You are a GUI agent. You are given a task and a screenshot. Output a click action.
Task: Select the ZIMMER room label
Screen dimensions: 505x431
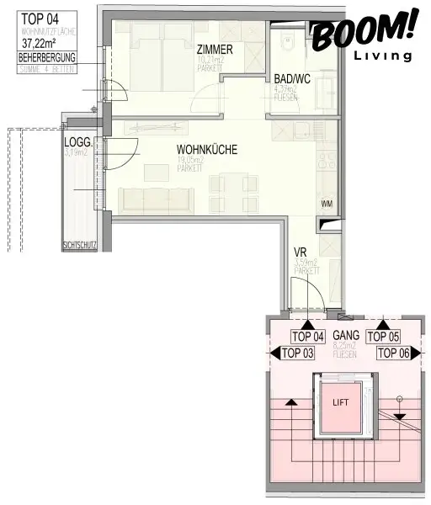(215, 49)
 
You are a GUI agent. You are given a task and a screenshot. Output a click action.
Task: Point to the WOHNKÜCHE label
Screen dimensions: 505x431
(207, 150)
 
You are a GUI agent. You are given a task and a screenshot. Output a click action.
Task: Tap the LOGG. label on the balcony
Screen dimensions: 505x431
(76, 142)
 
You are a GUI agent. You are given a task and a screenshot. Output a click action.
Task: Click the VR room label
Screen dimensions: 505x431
(299, 252)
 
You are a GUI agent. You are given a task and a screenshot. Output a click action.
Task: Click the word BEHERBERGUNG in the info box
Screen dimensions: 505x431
(46, 57)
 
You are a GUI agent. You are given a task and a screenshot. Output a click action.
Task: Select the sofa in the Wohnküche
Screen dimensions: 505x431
(157, 199)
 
